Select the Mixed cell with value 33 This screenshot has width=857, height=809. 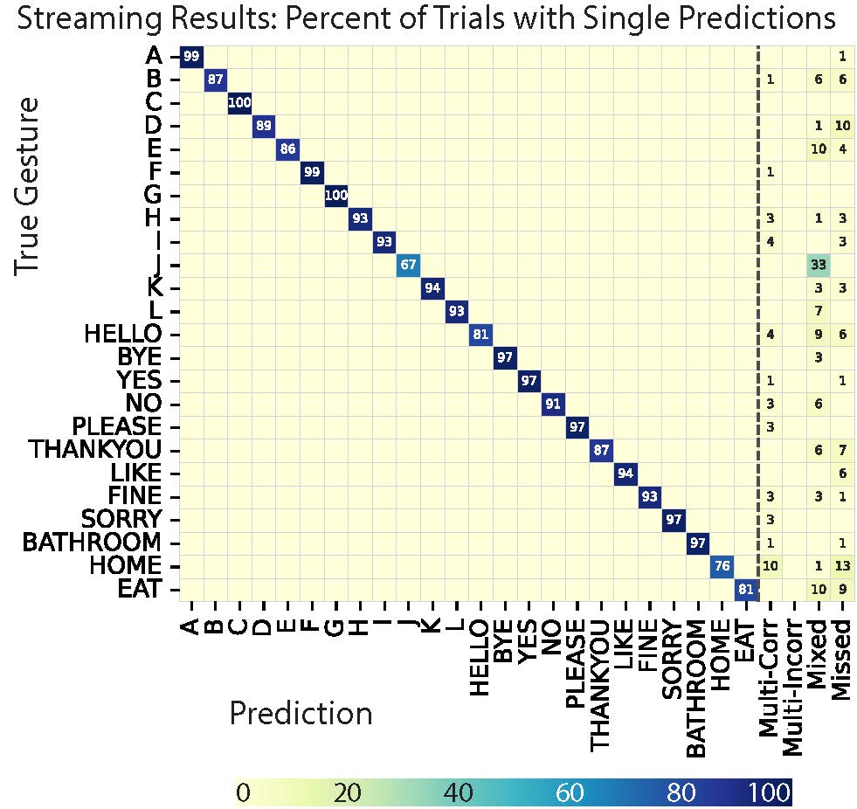818,265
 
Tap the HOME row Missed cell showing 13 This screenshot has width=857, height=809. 842,565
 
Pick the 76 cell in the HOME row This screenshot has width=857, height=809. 722,565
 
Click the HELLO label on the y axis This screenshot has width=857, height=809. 123,334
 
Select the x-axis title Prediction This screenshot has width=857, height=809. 301,714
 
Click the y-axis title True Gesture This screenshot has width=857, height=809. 28,185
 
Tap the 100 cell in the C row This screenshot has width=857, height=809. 238,103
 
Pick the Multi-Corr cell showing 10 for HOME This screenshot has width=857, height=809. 770,565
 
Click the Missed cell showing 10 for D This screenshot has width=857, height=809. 842,126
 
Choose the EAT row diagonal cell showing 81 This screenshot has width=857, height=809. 745,588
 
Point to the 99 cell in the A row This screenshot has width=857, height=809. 190,57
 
